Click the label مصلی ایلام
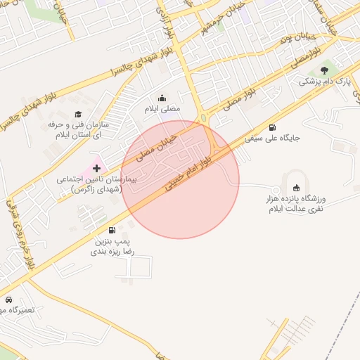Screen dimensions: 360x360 point(162,110)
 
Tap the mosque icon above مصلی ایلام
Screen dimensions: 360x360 point(162,98)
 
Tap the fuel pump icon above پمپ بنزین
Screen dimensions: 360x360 point(112,230)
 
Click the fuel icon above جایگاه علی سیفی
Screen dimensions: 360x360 point(272,127)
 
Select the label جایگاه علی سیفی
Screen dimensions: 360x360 point(272,139)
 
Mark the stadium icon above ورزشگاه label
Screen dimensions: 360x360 point(296,187)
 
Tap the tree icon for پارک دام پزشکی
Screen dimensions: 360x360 point(324,70)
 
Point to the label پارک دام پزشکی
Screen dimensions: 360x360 point(320,82)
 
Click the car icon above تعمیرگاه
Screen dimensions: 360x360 point(8,300)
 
